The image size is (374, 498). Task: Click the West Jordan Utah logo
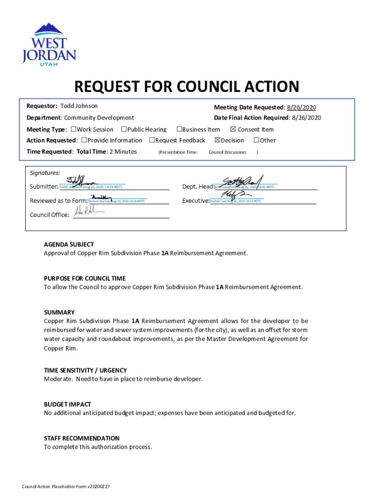click(x=49, y=43)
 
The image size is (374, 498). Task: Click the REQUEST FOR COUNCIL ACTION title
click(x=186, y=87)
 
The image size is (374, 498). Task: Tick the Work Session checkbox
click(x=73, y=129)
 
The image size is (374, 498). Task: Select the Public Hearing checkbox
click(x=124, y=129)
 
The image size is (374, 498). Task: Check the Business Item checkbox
click(x=179, y=129)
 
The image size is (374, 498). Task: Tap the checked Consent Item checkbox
click(x=233, y=129)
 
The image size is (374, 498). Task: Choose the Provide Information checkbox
click(x=84, y=141)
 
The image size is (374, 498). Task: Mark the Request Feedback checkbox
click(x=152, y=141)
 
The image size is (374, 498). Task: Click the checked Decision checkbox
click(x=217, y=141)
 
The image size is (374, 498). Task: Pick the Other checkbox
click(x=256, y=141)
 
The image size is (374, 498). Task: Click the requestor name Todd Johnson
click(x=79, y=106)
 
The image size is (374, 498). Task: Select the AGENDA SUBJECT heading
click(x=69, y=245)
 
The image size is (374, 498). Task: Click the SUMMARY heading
click(x=59, y=312)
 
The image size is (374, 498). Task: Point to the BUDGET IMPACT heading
click(x=68, y=404)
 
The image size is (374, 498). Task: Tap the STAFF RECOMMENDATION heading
click(x=82, y=438)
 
